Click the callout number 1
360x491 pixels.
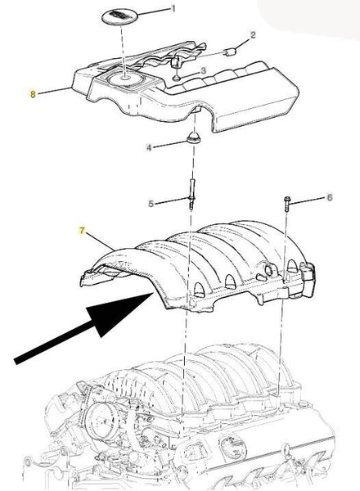[173, 8]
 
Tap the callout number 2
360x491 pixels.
[253, 34]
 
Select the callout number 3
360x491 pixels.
[203, 70]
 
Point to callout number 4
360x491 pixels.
[149, 147]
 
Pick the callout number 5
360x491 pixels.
[151, 204]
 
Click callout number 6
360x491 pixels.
[330, 197]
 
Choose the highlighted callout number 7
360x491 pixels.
[82, 231]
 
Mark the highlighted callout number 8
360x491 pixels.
[33, 94]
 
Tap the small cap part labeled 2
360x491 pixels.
[230, 52]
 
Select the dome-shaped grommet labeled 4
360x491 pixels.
[194, 137]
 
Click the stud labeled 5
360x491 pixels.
[192, 193]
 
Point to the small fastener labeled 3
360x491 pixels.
[177, 77]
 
